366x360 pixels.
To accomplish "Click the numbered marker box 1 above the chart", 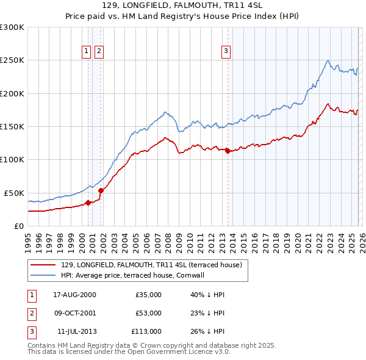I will coord(87,51).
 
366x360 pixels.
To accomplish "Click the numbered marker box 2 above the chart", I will coord(99,51).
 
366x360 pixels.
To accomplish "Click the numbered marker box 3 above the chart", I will coord(226,51).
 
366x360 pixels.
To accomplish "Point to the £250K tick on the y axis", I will coord(12,60).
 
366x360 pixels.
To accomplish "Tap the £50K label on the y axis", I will coord(14,193).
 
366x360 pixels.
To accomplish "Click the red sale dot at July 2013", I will coord(228,151).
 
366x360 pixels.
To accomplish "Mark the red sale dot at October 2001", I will coord(101,190).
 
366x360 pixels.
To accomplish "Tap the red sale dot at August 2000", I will coord(88,203).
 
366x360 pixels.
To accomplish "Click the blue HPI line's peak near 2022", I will coord(328,60).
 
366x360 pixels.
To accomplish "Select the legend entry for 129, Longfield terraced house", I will coord(151,265).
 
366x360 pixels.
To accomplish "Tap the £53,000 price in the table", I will coord(148,313).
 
